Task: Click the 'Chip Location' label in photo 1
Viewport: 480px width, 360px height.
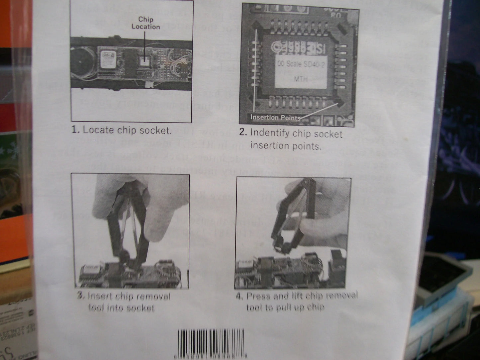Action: tap(145, 23)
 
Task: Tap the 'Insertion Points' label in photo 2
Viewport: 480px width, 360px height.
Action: tap(275, 117)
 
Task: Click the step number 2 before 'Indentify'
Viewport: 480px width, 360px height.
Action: tap(243, 132)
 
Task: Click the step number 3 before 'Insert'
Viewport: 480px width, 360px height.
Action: tap(80, 296)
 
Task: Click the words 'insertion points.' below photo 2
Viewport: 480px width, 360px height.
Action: tap(285, 145)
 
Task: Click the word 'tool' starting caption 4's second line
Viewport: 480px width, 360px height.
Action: tap(253, 308)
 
